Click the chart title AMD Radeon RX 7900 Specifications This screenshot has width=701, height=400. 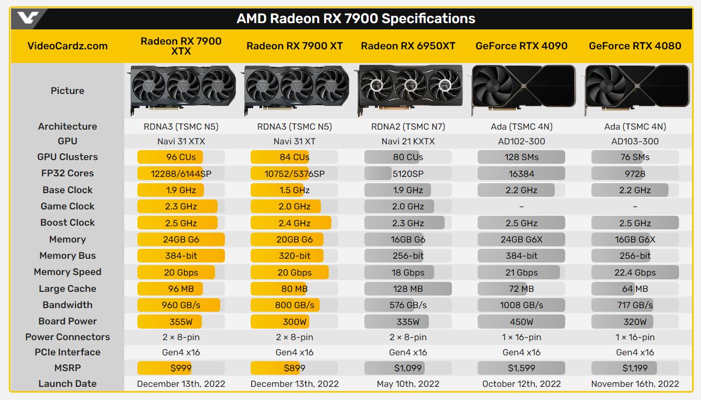(355, 19)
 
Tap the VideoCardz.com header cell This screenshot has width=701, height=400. (67, 46)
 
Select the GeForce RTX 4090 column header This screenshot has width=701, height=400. (521, 46)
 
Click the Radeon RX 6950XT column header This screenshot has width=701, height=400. (408, 46)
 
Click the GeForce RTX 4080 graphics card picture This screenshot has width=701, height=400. (637, 90)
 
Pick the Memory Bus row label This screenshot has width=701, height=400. (68, 256)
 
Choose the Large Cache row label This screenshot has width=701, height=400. (68, 289)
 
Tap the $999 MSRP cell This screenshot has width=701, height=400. (181, 368)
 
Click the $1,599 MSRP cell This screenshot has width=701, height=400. (521, 368)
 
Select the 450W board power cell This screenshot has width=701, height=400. (521, 322)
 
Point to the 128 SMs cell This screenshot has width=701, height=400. (521, 157)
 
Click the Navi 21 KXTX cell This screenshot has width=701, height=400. (408, 141)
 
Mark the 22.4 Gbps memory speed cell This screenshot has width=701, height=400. (635, 272)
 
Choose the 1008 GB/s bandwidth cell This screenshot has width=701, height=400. (521, 305)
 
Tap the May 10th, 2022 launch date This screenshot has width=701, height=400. (408, 384)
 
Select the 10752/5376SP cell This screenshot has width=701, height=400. (295, 174)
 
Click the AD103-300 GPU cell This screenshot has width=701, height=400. (635, 141)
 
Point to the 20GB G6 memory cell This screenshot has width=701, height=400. (295, 239)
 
